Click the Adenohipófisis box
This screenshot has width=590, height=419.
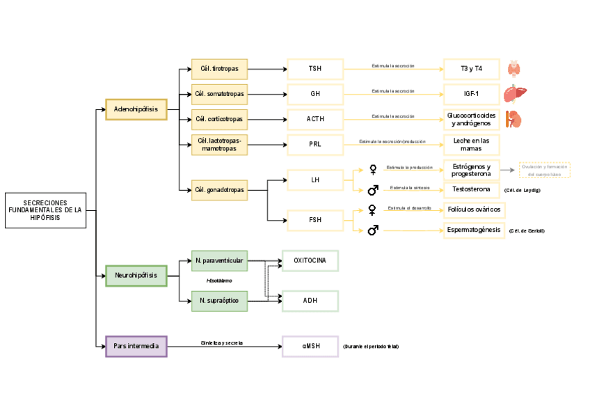136,109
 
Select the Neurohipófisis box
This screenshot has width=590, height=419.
136,276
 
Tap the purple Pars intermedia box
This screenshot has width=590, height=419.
136,346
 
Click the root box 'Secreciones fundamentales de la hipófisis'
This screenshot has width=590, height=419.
45,210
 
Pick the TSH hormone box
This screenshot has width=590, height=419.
315,69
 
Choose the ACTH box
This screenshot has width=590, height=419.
315,119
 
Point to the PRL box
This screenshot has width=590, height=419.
315,144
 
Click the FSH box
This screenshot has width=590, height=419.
315,221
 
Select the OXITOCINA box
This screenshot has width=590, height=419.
310,260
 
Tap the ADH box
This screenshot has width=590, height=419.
310,301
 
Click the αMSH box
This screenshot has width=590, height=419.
310,346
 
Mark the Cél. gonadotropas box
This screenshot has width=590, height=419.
219,189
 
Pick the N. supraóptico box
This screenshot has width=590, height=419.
219,301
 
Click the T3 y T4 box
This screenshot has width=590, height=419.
471,69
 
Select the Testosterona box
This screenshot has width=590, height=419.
471,189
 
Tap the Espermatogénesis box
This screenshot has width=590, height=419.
474,230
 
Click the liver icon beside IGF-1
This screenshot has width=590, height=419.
515,93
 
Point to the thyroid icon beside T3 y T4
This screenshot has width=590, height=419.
514,68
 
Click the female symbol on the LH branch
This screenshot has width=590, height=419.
373,169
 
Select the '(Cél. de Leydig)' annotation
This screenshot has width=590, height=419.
522,190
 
